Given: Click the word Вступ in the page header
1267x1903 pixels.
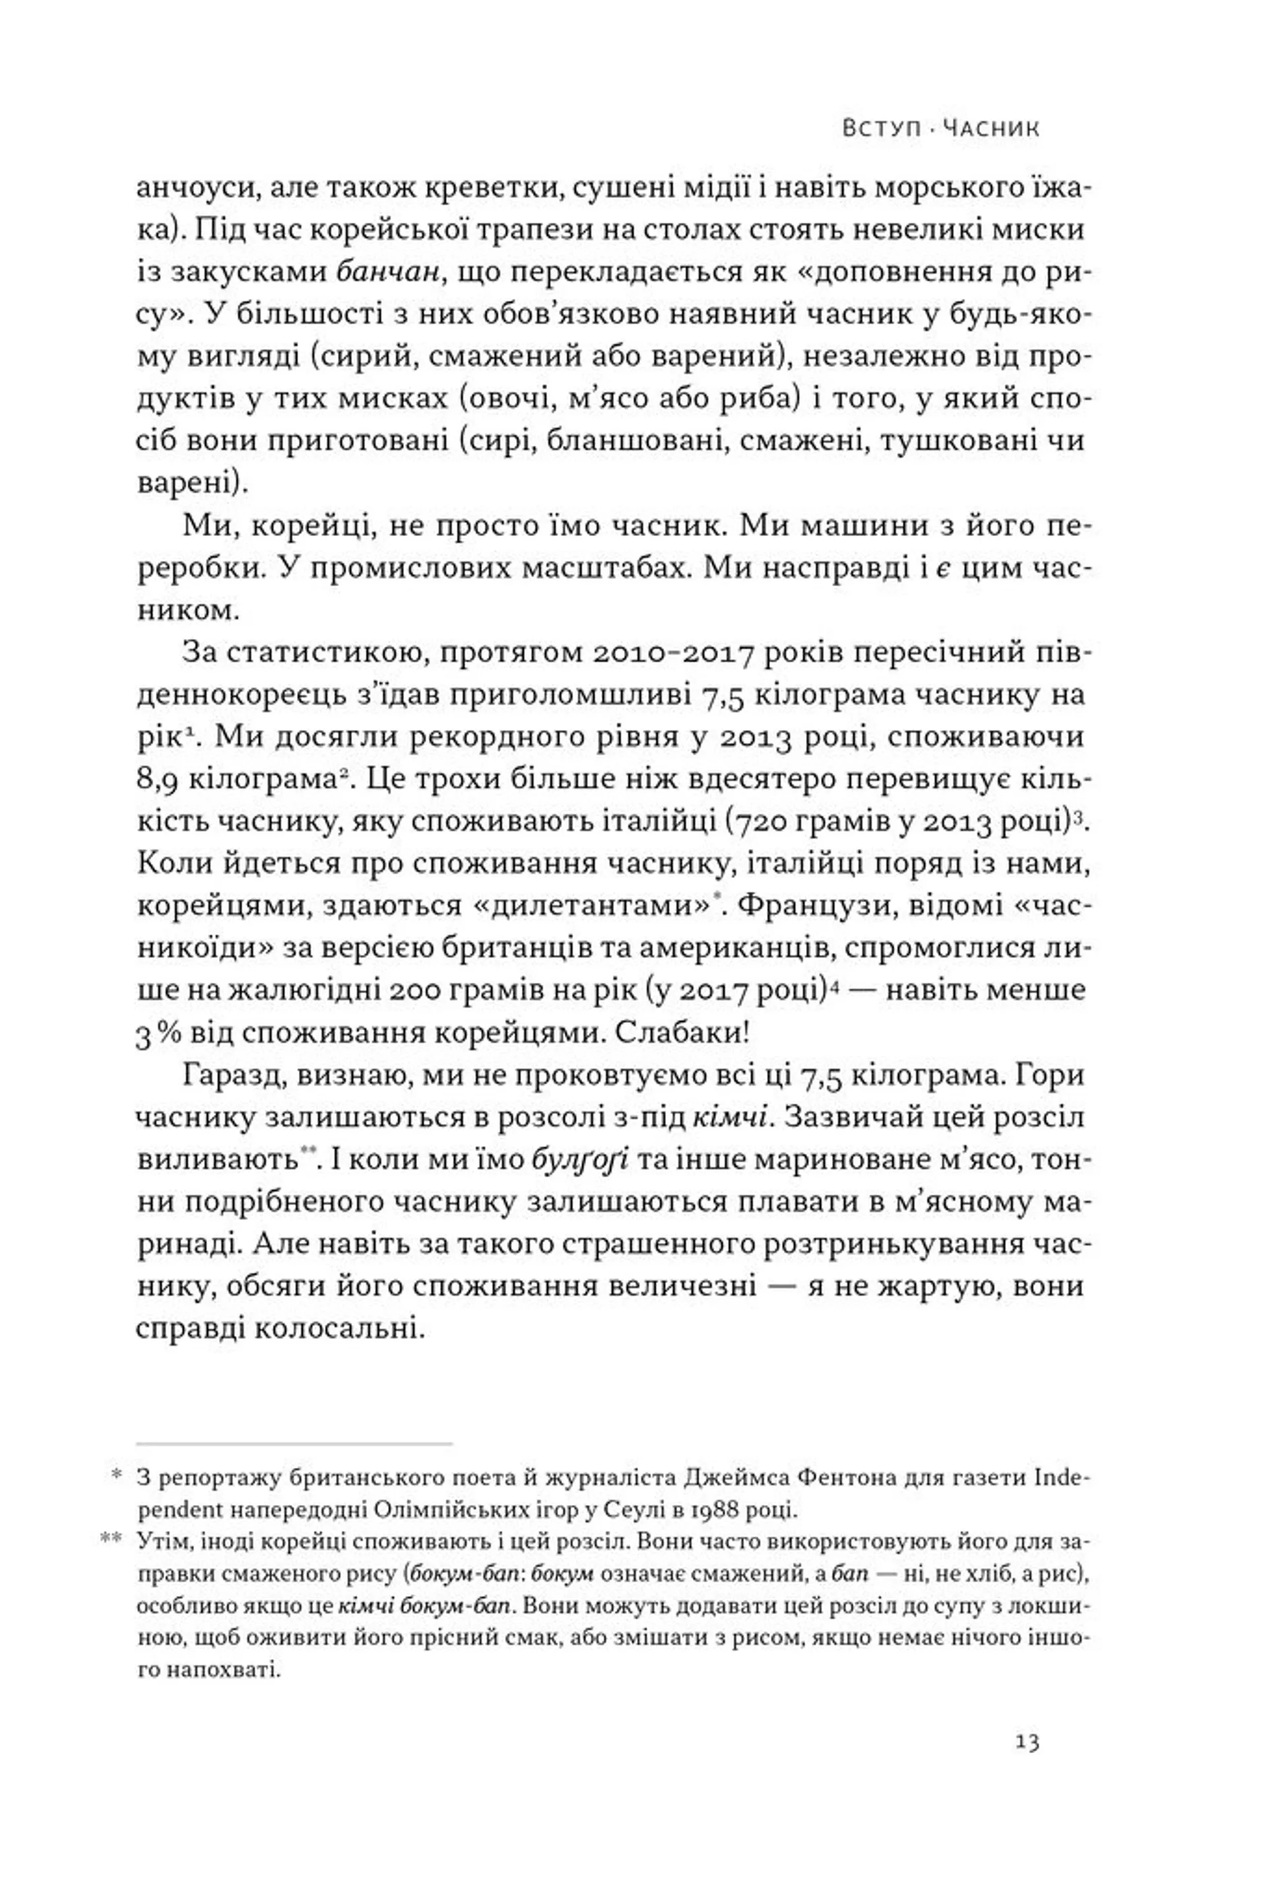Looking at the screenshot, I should [x=881, y=129].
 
